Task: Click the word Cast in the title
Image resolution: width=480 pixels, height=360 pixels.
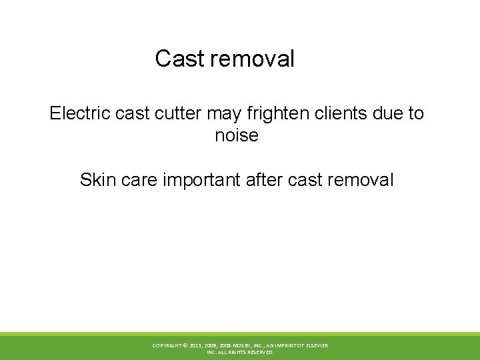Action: click(x=180, y=59)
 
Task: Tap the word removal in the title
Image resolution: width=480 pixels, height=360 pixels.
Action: click(x=252, y=59)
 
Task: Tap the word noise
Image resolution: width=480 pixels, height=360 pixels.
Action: click(x=237, y=135)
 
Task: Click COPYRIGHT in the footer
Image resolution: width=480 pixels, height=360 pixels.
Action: click(x=167, y=345)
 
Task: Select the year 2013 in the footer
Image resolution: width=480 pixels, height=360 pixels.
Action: click(x=197, y=345)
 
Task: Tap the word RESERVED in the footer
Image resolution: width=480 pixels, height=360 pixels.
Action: click(x=259, y=352)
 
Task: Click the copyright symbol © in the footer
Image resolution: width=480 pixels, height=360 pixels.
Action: click(x=185, y=345)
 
